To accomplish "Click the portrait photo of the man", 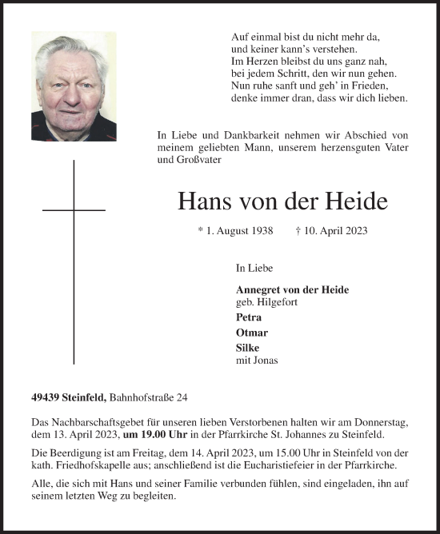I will coord(74,86).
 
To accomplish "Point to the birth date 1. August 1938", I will coord(237,230).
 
